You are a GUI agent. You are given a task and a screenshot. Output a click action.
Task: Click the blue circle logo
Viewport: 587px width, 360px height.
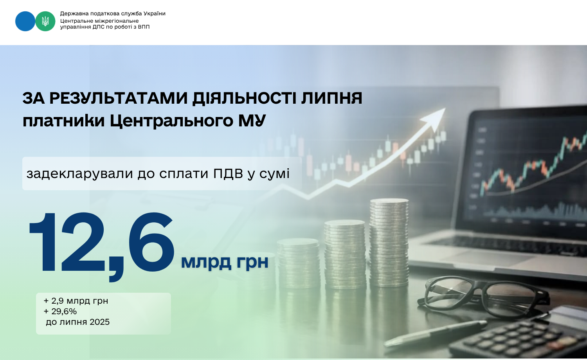[25, 21]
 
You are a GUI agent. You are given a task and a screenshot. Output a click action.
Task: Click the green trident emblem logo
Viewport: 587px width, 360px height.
[45, 21]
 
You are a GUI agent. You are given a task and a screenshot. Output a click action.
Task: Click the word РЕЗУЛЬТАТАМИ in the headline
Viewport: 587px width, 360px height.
[119, 99]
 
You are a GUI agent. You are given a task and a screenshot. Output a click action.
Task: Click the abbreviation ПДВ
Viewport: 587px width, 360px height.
[228, 173]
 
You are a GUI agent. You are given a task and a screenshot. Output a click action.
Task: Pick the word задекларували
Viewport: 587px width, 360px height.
[80, 174]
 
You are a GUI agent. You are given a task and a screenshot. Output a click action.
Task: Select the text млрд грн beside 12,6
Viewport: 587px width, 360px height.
[225, 262]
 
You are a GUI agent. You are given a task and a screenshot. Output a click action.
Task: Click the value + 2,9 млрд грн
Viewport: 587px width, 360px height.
[76, 301]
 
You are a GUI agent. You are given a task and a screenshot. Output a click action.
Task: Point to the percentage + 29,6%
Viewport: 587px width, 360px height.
[60, 311]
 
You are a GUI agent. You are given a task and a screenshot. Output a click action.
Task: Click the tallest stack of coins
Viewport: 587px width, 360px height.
[389, 242]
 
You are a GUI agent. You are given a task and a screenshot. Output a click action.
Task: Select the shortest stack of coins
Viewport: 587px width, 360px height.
[299, 263]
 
